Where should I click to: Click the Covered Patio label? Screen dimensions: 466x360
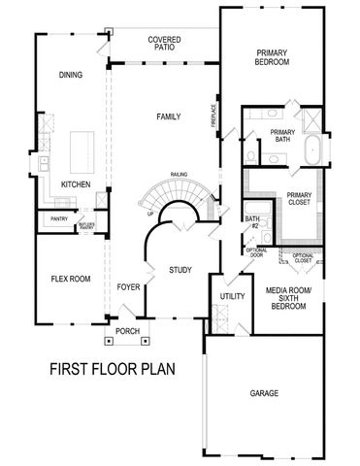pos(163,45)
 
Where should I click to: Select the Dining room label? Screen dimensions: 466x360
pos(71,75)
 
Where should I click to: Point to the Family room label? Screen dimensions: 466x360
pos(169,116)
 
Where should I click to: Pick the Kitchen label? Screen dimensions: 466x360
pos(76,183)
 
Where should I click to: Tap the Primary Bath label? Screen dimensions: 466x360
pos(282,137)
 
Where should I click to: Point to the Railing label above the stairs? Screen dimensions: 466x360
pos(179,175)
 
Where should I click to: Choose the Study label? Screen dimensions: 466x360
pos(180,270)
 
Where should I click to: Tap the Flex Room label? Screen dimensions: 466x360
pos(70,279)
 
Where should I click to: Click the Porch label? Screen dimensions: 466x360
pos(127,331)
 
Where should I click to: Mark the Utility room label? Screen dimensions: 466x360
pos(231,295)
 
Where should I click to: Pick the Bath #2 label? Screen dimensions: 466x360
pos(252,222)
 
